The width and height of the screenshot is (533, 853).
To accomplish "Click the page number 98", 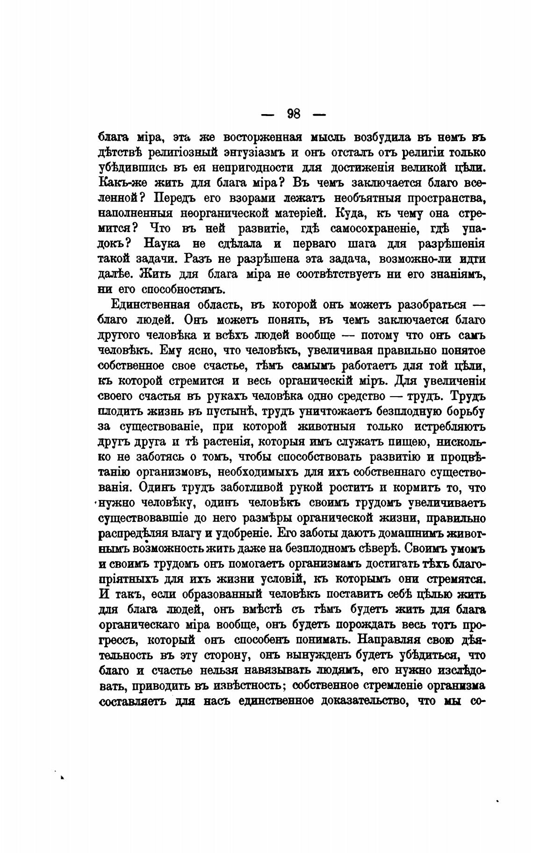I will pyautogui.click(x=294, y=114).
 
